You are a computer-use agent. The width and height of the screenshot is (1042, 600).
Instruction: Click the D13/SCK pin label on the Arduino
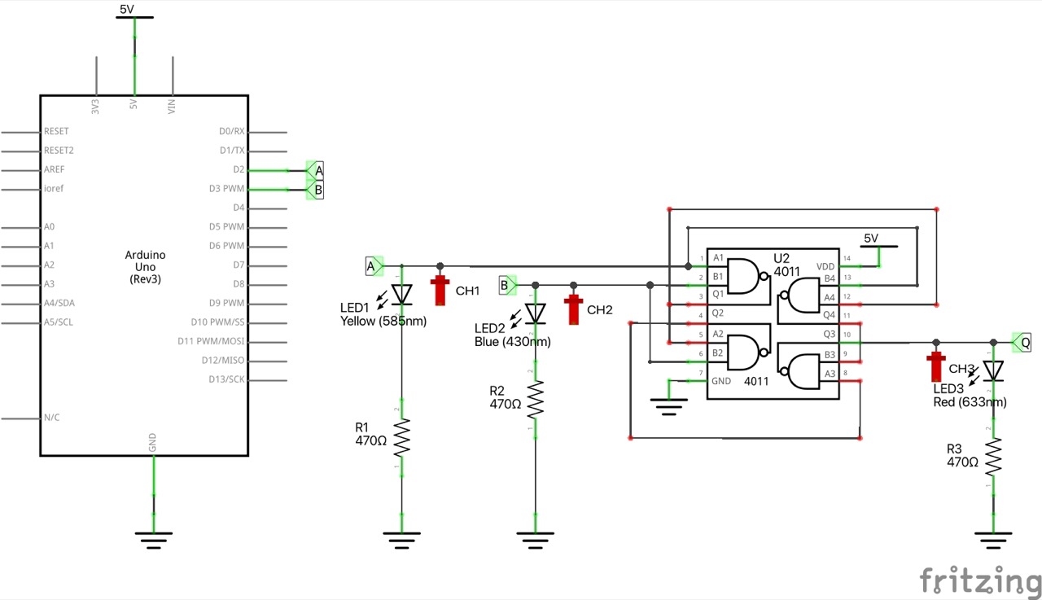227,379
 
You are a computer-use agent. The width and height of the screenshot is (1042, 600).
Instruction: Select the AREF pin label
55,169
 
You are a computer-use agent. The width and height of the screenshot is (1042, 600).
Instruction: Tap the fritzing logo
980,580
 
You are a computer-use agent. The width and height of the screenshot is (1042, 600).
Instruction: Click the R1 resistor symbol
401,438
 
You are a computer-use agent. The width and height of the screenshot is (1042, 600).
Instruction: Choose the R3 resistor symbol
993,457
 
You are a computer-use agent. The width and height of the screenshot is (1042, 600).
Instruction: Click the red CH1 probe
441,289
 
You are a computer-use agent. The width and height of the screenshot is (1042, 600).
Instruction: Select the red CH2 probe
574,309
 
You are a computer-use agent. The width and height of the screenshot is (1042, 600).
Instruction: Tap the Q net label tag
1022,343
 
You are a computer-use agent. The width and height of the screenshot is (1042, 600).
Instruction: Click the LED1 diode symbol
401,293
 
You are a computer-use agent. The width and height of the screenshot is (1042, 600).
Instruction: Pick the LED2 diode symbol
535,313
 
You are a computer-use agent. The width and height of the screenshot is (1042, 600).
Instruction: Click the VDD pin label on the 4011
825,266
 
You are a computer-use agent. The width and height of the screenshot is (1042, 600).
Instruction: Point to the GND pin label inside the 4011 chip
721,380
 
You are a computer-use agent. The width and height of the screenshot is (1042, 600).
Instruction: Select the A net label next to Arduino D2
316,170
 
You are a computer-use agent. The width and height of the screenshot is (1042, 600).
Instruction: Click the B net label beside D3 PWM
316,190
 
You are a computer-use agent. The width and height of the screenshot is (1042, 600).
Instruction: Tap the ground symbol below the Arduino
153,538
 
